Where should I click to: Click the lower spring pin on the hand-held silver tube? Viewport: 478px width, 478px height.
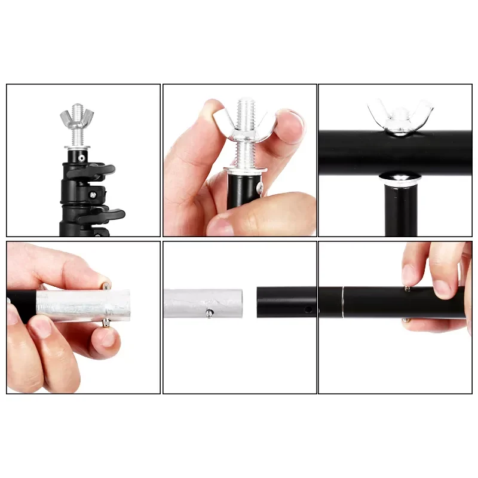[x=106, y=323]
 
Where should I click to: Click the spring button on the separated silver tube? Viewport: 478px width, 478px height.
[x=209, y=312]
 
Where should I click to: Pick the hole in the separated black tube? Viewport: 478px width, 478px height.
[x=308, y=310]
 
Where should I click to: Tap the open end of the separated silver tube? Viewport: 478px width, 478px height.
[x=239, y=303]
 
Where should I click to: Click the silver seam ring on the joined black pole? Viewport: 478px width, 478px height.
[x=342, y=302]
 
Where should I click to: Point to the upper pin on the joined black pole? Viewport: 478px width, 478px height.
[x=407, y=289]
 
